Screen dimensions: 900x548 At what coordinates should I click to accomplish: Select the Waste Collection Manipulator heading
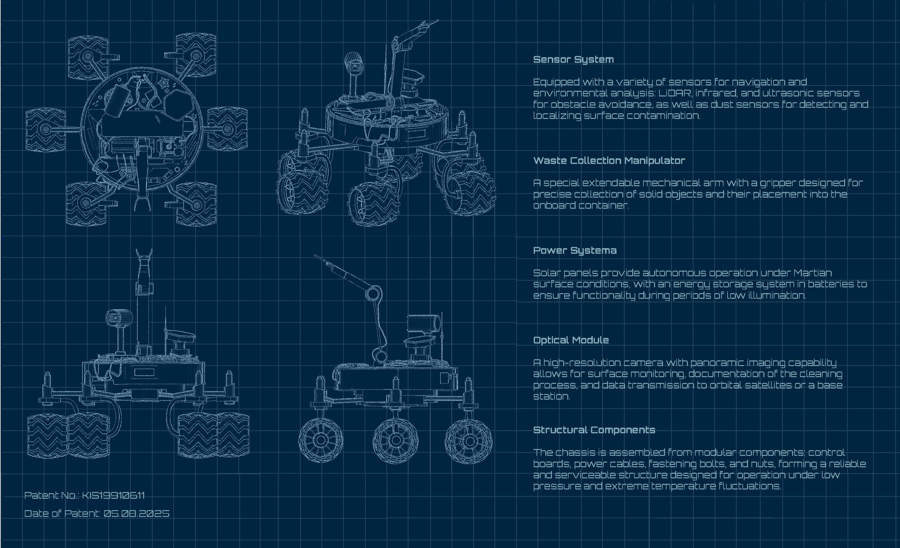point(609,160)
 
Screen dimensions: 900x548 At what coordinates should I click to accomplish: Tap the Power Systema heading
point(575,251)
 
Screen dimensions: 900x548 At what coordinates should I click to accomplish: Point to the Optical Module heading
point(571,340)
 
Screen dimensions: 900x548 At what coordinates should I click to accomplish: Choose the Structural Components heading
point(594,430)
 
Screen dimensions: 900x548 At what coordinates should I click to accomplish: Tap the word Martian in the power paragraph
point(813,273)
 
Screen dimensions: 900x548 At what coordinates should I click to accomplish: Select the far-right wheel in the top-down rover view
point(227,129)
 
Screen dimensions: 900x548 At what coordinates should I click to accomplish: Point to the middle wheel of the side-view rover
point(395,441)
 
